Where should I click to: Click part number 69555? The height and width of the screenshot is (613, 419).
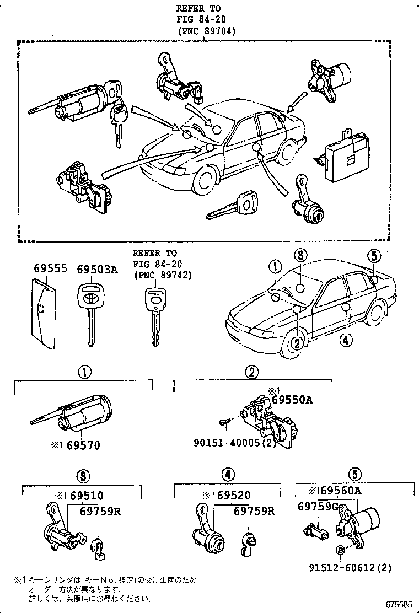[50, 270]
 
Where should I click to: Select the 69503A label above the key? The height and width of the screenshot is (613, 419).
[97, 270]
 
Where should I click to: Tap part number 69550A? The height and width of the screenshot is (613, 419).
[292, 400]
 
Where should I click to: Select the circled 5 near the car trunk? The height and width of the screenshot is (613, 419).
[374, 256]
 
